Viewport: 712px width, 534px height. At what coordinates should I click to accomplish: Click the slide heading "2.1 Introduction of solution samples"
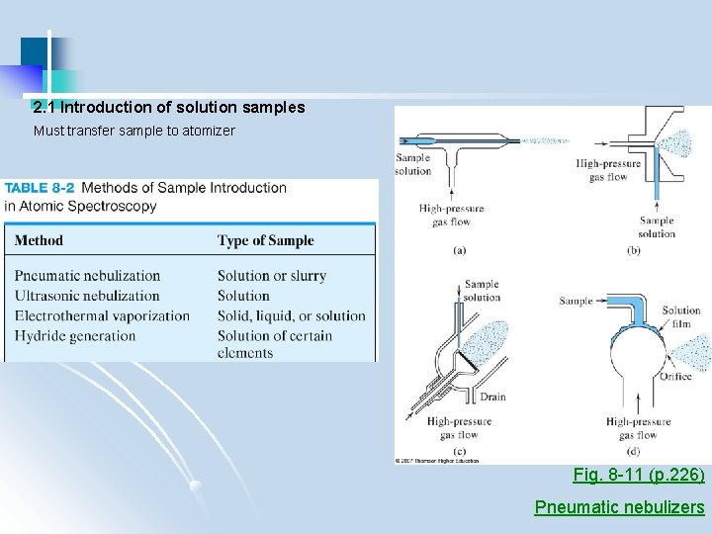tap(168, 108)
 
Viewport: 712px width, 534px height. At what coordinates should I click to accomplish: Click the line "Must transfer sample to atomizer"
tap(134, 131)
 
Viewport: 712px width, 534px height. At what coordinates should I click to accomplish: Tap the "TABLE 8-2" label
tap(40, 188)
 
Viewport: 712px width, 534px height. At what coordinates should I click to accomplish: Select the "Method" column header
tap(39, 240)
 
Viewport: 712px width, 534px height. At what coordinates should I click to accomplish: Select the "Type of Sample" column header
tap(265, 240)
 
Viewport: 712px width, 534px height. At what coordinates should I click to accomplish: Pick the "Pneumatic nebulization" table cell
tap(87, 276)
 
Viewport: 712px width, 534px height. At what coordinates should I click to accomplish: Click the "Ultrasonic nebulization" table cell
tap(87, 296)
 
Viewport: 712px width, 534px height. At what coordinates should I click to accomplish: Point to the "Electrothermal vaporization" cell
tap(102, 315)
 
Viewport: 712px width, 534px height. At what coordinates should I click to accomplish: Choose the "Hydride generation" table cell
tap(75, 335)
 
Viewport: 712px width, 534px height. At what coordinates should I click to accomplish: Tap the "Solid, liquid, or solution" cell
tap(291, 315)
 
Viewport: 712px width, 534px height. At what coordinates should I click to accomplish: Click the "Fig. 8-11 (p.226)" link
tap(639, 476)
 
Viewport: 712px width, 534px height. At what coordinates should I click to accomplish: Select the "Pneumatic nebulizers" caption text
tap(619, 507)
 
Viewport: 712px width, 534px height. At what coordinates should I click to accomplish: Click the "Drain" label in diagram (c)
tap(492, 398)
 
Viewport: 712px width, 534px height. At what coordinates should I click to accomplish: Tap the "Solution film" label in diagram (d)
tap(681, 316)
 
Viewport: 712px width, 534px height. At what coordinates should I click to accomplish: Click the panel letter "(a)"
tap(459, 251)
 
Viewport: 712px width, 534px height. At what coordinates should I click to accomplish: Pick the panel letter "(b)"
tap(634, 251)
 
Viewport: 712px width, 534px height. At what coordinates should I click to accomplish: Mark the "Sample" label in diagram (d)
tap(576, 301)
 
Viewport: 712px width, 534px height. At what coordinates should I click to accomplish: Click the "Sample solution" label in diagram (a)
tap(413, 164)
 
